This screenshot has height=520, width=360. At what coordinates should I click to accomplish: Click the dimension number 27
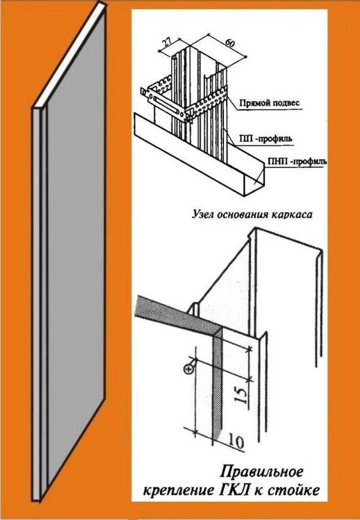(x=167, y=42)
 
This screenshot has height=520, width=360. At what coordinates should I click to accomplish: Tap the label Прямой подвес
(x=269, y=103)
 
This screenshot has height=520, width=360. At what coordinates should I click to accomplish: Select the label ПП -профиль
(x=266, y=139)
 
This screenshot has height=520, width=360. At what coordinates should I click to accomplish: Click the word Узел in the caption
(x=203, y=214)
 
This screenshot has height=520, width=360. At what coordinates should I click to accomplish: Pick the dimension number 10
(x=236, y=442)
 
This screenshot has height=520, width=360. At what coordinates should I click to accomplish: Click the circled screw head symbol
(x=189, y=369)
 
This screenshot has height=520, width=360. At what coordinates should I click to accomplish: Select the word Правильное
(x=262, y=472)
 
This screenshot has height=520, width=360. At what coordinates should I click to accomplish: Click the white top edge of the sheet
(x=71, y=56)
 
